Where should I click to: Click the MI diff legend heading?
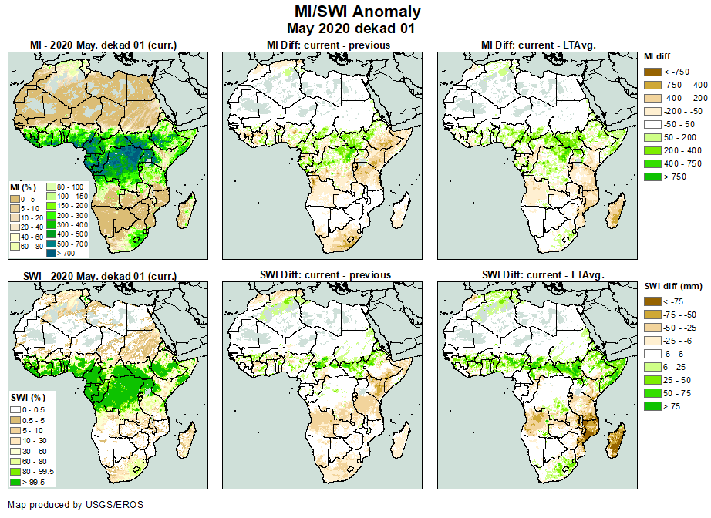(659, 56)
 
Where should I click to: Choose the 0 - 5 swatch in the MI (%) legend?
(15, 199)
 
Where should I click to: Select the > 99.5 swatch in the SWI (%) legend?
(15, 482)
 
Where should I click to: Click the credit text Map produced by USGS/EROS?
(75, 505)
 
